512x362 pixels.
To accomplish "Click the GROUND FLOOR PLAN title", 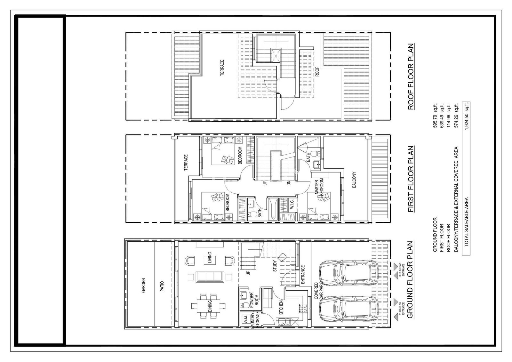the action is pos(411,279).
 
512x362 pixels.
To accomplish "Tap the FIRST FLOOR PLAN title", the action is pos(411,179).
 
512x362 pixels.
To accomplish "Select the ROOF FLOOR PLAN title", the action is pos(411,76).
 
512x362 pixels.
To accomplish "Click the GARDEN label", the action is pos(144,285).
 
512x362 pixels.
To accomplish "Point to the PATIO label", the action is pos(162,286).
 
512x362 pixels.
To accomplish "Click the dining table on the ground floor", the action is pos(209,306).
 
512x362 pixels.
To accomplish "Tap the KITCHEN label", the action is pos(281,308).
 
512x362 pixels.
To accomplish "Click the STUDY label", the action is pos(275,266).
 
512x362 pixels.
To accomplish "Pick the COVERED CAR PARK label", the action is pos(319,291).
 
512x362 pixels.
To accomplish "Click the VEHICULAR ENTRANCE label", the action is pos(401,309).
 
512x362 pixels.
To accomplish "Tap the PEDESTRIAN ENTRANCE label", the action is pos(401,270).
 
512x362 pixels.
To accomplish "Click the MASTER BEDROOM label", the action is pos(319,187).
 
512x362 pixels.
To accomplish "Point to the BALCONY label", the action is pos(354,180).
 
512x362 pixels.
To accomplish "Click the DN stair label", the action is pos(288,183).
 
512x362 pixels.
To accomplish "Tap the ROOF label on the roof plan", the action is pos(317,72).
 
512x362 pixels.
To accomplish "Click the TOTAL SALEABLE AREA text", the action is pos(467,221).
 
